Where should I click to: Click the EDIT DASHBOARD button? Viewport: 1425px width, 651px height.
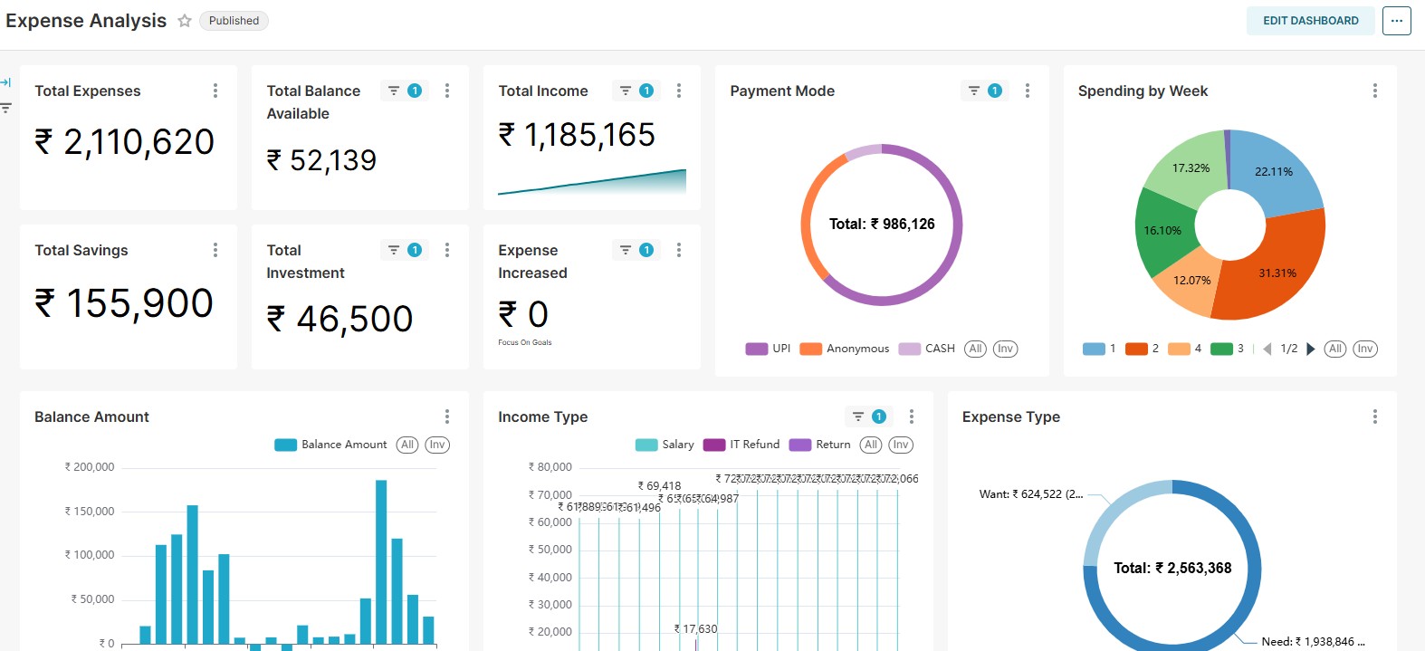click(1310, 21)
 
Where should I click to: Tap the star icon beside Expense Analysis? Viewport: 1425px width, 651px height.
click(185, 21)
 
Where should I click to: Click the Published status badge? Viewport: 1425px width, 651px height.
click(234, 21)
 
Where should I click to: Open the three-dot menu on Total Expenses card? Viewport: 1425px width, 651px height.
click(215, 91)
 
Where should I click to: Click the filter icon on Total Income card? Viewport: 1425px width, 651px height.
click(626, 91)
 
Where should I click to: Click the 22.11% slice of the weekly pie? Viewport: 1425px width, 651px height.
click(1273, 171)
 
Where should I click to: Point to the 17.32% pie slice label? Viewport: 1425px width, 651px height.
click(1191, 168)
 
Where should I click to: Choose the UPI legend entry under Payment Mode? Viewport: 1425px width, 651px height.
click(769, 349)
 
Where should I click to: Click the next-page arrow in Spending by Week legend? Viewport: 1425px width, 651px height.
click(1311, 349)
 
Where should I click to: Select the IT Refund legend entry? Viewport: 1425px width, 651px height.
click(742, 445)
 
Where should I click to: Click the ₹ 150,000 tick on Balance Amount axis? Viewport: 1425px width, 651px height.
click(90, 512)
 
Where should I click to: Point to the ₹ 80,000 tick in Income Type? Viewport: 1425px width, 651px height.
click(550, 467)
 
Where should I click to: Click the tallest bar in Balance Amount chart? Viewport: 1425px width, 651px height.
click(381, 561)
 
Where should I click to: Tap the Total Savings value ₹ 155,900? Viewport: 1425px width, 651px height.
click(124, 303)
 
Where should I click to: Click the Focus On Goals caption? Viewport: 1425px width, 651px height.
click(525, 342)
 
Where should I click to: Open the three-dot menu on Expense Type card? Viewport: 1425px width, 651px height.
click(1374, 416)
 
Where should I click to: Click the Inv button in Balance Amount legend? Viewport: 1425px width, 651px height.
click(437, 445)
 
